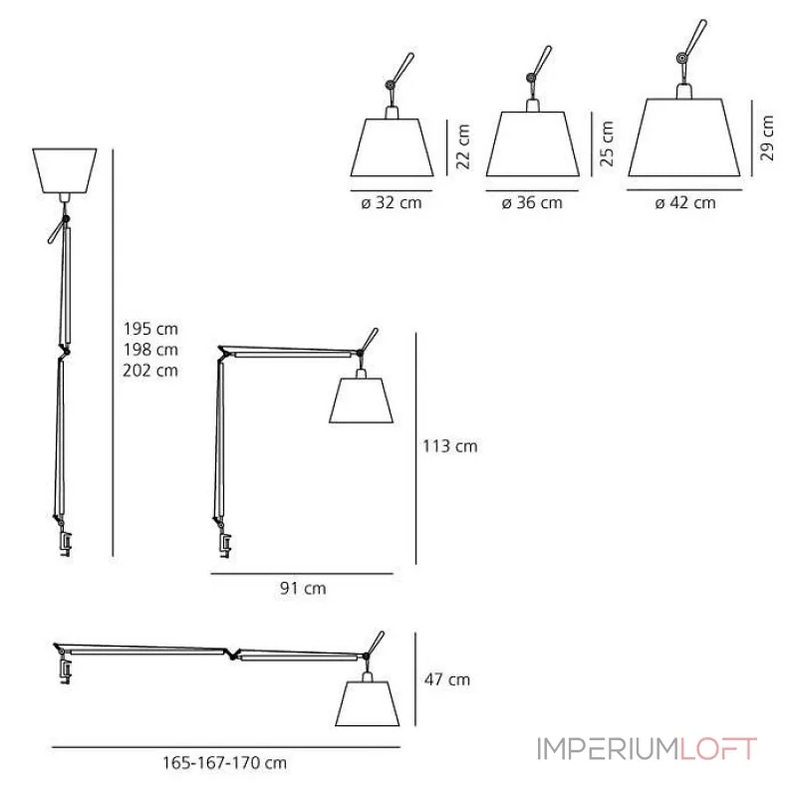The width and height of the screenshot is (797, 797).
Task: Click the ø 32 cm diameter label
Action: [393, 202]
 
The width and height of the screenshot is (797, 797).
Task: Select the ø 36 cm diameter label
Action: [532, 202]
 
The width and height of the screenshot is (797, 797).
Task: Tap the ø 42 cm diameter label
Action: [685, 202]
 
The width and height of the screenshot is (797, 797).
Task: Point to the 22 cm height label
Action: [461, 147]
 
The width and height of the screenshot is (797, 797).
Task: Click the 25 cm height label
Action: [608, 141]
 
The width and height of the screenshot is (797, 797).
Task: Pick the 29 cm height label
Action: [765, 135]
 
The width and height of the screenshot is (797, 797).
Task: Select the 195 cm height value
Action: [151, 328]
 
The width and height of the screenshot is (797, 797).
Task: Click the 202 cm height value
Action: [151, 371]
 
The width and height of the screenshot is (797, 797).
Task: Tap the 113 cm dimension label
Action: [451, 446]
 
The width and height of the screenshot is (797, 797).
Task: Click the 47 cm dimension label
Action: [447, 680]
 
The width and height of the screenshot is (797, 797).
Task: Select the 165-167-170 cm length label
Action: [224, 762]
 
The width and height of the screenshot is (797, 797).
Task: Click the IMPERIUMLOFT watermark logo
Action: [647, 748]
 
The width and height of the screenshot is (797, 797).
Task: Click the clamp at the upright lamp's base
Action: [65, 545]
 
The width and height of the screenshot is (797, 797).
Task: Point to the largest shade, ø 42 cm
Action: [685, 139]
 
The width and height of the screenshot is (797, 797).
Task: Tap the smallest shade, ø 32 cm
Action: [393, 147]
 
